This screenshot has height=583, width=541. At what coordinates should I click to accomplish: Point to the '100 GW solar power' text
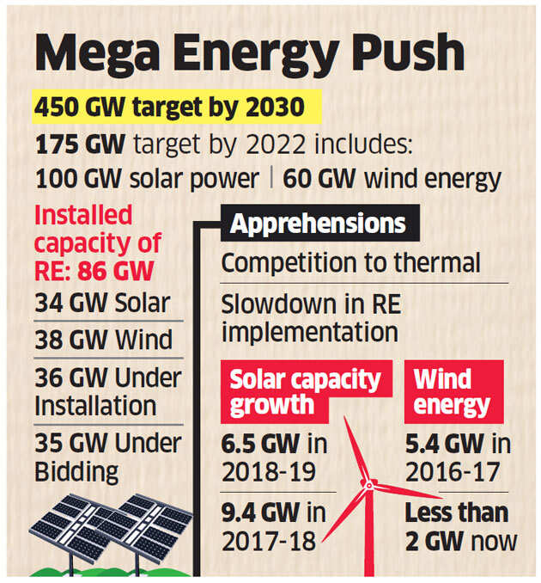click(x=147, y=179)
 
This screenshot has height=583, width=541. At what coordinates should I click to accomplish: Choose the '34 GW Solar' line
click(x=102, y=304)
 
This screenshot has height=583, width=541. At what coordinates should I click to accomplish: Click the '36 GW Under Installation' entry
click(x=107, y=390)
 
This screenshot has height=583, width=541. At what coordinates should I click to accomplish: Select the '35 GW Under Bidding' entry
click(x=107, y=457)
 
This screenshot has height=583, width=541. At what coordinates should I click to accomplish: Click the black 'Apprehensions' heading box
click(x=318, y=225)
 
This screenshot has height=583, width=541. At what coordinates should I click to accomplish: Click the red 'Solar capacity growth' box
click(x=307, y=391)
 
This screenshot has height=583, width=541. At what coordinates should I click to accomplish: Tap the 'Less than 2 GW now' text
click(x=461, y=526)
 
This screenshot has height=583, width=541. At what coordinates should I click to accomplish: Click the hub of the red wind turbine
click(x=368, y=485)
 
